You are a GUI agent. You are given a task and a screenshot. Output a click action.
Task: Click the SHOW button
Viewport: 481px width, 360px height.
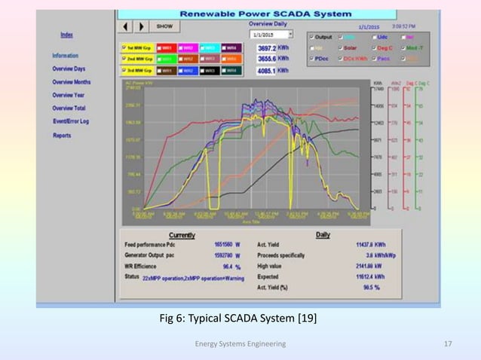pos(164,26)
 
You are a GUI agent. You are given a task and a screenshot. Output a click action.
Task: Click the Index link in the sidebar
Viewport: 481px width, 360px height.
pos(67,35)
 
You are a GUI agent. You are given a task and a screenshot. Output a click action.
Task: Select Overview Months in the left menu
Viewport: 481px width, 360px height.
pos(72,81)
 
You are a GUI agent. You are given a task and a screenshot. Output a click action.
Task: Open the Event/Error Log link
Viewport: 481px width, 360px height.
pos(72,121)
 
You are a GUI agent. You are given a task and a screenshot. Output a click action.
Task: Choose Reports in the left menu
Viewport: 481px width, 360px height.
pos(62,136)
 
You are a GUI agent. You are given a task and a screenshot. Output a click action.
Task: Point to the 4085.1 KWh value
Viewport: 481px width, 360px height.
pos(271,71)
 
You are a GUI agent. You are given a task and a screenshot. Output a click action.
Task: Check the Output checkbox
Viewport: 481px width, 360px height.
pos(311,36)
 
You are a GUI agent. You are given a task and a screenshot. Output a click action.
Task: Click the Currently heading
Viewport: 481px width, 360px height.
pos(183,235)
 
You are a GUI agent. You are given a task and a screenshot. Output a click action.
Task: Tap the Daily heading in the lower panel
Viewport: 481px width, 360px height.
pos(323,235)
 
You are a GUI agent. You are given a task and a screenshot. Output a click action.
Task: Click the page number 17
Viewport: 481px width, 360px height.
pos(448,344)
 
